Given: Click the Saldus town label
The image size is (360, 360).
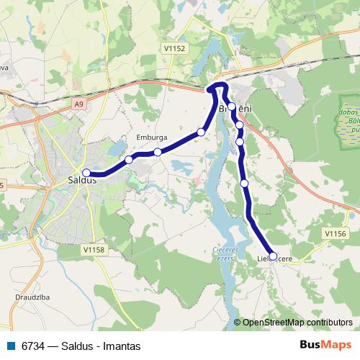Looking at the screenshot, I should [x=81, y=180].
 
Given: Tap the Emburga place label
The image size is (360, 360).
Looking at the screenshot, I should [x=151, y=136].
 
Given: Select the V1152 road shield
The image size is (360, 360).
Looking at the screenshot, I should [x=175, y=48].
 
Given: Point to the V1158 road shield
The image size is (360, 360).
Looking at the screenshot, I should [x=94, y=249].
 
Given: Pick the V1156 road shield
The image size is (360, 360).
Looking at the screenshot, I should [x=336, y=233].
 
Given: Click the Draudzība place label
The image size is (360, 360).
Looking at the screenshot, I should [x=32, y=297].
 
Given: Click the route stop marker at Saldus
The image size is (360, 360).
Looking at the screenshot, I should [x=86, y=173].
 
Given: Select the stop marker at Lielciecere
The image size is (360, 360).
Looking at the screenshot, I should [x=273, y=256].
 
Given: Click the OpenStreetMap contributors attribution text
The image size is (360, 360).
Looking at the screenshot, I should [x=297, y=323].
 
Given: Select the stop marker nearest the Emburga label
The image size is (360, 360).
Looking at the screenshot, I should [x=158, y=152].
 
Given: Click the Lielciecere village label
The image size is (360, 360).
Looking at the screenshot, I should [x=275, y=258].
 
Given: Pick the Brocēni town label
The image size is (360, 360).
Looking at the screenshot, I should [x=235, y=109].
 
